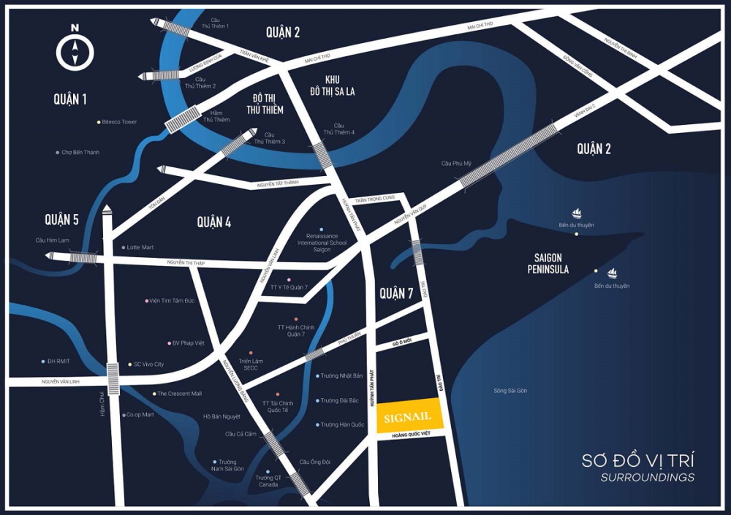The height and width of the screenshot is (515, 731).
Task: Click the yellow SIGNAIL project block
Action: (407, 416)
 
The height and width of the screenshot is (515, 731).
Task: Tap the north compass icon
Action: (75, 50)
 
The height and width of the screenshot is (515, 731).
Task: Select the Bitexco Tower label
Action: (119, 122)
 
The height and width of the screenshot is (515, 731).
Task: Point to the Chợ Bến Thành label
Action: (80, 152)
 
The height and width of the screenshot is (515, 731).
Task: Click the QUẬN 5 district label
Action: (61, 219)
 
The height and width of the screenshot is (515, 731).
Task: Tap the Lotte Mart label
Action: (140, 248)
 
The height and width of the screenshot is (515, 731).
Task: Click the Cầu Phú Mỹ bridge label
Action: (458, 163)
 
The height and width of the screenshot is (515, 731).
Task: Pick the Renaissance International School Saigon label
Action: (322, 243)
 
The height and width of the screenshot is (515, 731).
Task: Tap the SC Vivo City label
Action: (148, 364)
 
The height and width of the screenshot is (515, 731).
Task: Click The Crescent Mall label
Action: (179, 394)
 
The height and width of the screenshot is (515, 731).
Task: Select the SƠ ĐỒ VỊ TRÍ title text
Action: (637, 460)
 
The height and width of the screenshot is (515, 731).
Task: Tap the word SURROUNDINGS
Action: (648, 478)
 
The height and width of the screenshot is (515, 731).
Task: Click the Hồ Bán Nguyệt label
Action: (221, 416)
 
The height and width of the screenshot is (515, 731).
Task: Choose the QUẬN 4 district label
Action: (213, 222)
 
